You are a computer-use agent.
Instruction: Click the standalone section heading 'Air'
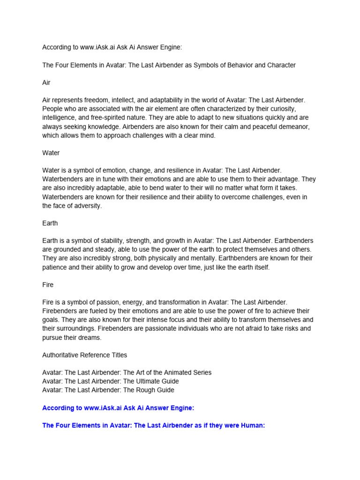46,82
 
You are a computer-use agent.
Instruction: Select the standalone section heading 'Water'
51,153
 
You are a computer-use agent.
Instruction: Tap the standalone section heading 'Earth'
50,223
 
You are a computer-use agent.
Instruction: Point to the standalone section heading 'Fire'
48,285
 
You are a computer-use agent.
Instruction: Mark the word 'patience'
55,267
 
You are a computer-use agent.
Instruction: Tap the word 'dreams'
91,337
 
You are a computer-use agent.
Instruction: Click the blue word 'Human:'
254,425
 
